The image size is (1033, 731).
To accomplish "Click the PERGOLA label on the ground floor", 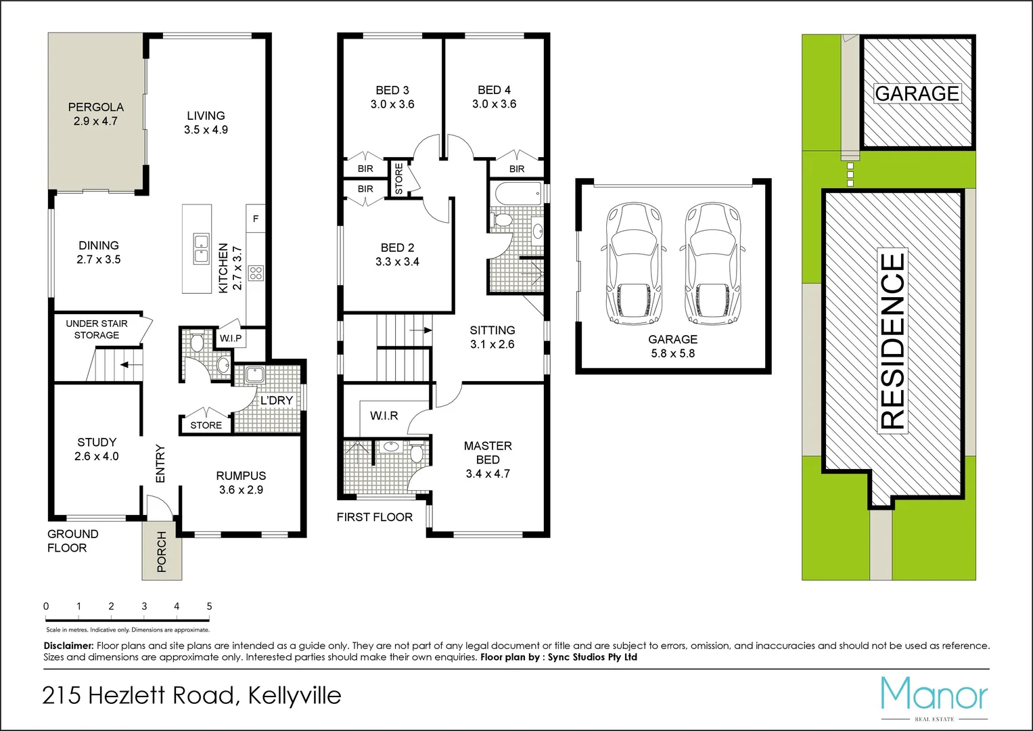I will [x=96, y=107].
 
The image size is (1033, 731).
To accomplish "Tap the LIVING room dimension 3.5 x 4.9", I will [x=206, y=130].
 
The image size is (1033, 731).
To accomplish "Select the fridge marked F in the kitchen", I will [x=256, y=219].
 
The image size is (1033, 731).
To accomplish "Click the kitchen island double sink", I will [x=201, y=248].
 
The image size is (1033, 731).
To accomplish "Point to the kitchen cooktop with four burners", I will [x=256, y=273].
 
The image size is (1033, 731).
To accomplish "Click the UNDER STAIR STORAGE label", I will [x=97, y=330].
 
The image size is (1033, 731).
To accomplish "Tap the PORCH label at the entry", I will [x=162, y=552].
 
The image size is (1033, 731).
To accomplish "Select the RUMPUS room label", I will [x=241, y=476].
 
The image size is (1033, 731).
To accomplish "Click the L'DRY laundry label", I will [x=277, y=401].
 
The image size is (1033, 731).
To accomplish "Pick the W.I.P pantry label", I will [x=231, y=338].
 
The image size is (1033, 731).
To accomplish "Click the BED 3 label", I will [x=392, y=90].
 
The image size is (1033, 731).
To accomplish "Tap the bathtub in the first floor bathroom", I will [x=518, y=195].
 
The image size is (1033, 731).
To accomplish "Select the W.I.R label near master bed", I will [x=384, y=416].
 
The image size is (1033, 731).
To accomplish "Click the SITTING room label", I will [x=492, y=330].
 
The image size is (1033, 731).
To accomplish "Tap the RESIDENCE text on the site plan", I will [x=892, y=340].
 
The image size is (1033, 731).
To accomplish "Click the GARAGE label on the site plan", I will [x=917, y=93].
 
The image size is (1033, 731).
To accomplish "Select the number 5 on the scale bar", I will [x=209, y=606].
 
